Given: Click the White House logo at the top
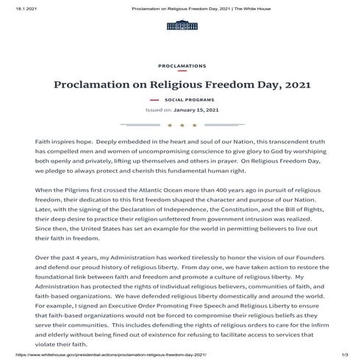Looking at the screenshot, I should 182,26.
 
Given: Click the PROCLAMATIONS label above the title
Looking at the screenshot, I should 182,66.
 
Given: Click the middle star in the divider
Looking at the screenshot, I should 182,125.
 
